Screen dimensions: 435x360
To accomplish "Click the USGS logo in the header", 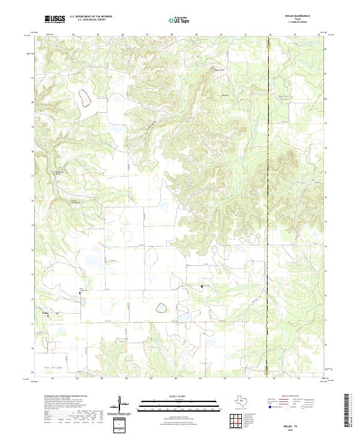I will pos(55,19).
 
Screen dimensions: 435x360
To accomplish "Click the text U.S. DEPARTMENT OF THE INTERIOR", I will pos(91,17).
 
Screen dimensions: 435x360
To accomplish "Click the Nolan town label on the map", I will pos(45,311).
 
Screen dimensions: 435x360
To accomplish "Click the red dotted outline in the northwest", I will pos(84,97).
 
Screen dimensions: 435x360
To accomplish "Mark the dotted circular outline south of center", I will pos(161,308).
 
